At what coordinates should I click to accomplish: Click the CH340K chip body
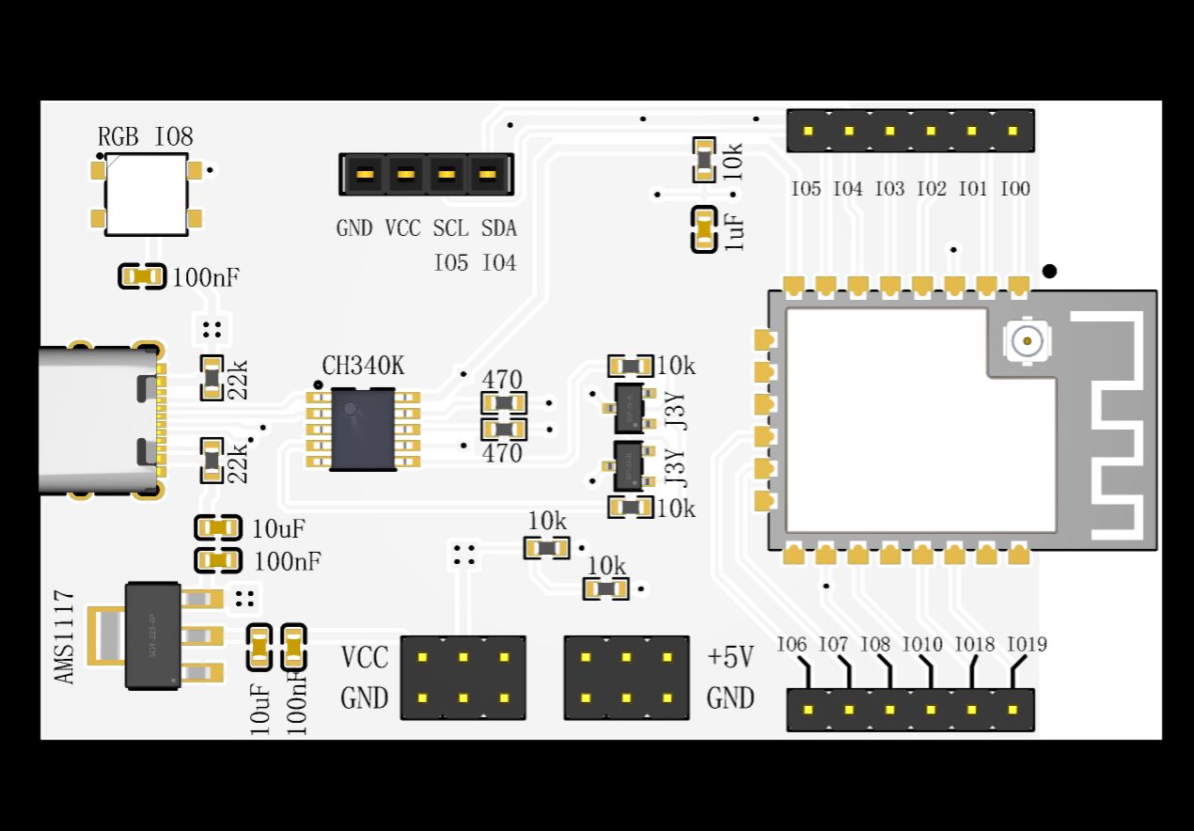coord(362,430)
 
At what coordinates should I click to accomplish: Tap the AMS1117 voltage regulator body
coord(152,635)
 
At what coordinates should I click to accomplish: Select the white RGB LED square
coord(146,195)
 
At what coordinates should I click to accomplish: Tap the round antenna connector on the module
coord(1028,341)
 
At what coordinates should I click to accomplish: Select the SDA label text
coord(498,228)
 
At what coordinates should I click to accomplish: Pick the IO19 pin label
coord(1027,645)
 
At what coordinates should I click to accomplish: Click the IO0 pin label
coord(1014,189)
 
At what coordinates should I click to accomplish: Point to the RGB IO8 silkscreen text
coord(146,137)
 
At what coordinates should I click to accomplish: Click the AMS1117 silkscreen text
coord(64,636)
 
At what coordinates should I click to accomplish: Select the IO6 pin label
coord(792,645)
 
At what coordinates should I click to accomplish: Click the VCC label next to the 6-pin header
coord(364,657)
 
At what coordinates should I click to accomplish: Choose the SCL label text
coord(450,228)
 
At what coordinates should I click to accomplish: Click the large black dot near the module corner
coord(1049,271)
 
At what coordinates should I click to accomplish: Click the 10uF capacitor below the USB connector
coord(218,528)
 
